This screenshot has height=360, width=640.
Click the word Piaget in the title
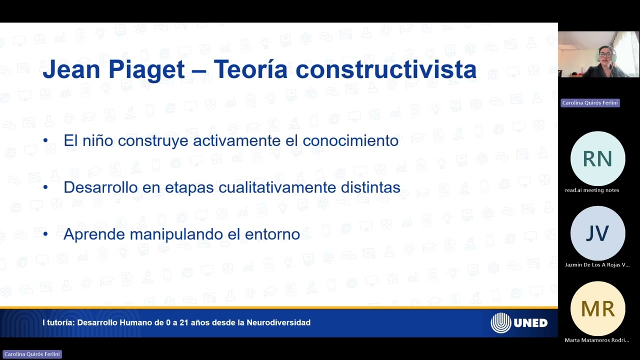tap(146, 69)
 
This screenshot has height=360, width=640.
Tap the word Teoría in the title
tap(250, 69)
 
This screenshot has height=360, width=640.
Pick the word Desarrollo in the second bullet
tap(93, 187)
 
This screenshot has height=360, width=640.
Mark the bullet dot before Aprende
tap(45, 234)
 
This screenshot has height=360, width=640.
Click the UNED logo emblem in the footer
tap(500, 323)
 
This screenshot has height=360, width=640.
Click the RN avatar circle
tap(597, 159)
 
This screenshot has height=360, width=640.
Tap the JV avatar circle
tap(597, 233)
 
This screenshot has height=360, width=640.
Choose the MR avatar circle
tap(597, 309)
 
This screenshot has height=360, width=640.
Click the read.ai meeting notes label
tap(592, 190)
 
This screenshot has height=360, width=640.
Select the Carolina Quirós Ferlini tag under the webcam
tap(590, 102)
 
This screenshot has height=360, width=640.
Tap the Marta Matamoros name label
tap(596, 340)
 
